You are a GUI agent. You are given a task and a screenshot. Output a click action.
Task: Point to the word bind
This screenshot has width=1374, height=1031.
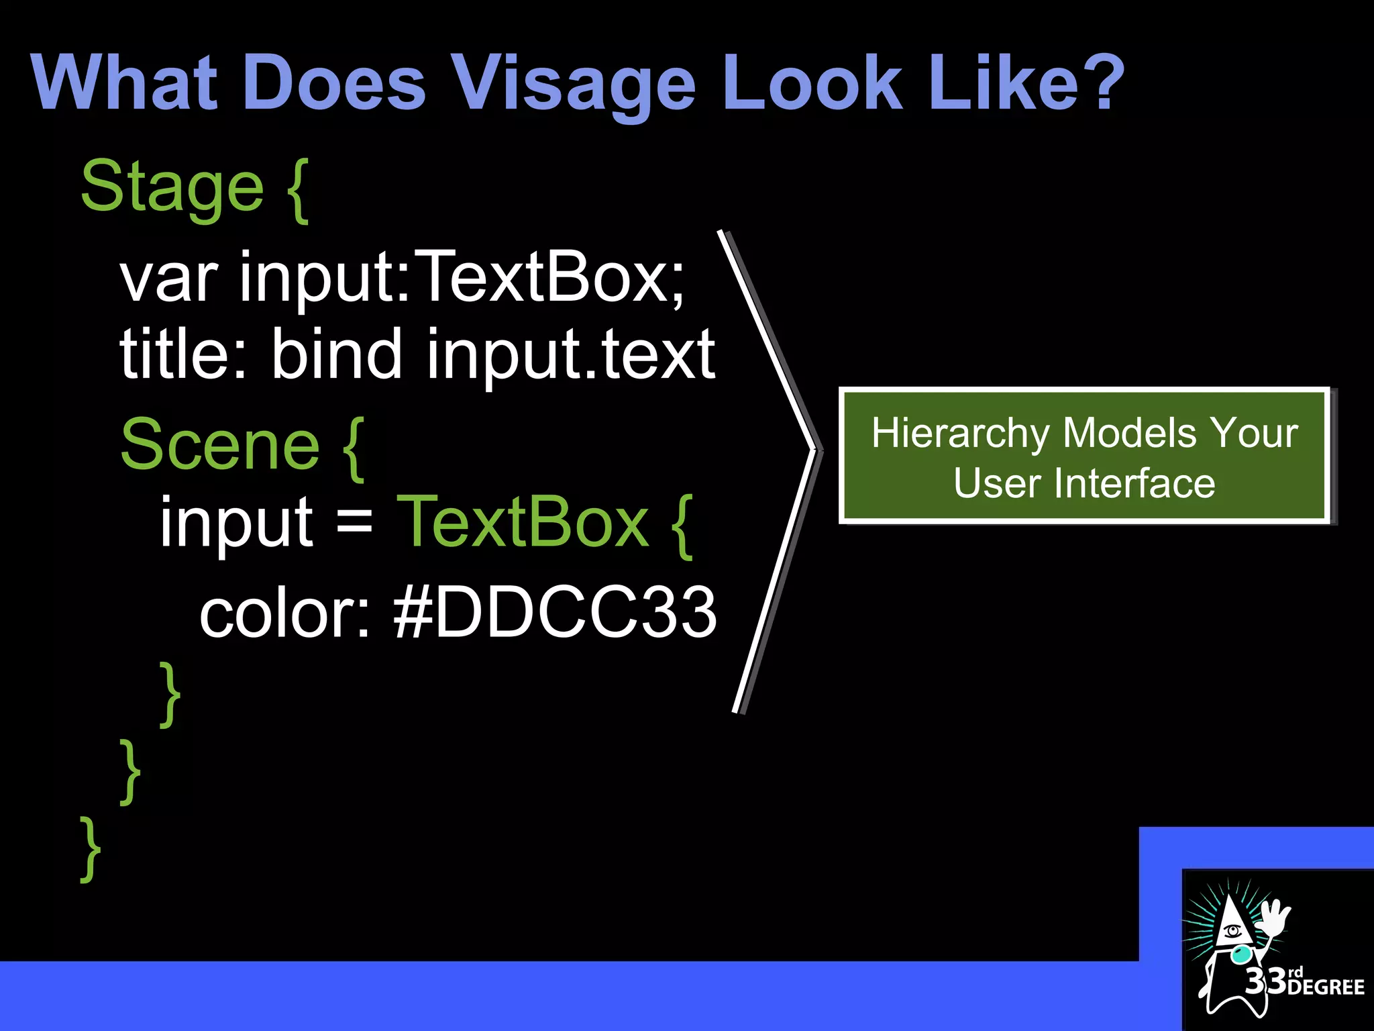click(337, 354)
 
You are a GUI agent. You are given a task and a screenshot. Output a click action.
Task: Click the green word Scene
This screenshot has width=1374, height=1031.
click(219, 445)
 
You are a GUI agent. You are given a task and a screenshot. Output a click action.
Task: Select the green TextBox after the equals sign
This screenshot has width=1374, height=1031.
click(522, 522)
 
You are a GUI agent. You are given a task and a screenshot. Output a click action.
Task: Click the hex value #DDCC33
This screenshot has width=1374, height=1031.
click(554, 612)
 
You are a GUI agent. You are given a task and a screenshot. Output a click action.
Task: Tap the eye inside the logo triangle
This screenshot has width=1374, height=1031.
click(1232, 932)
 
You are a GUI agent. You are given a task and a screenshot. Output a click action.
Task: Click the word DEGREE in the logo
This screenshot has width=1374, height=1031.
click(1326, 987)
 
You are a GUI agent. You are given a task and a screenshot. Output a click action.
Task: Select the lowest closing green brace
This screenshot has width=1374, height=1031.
click(90, 849)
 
